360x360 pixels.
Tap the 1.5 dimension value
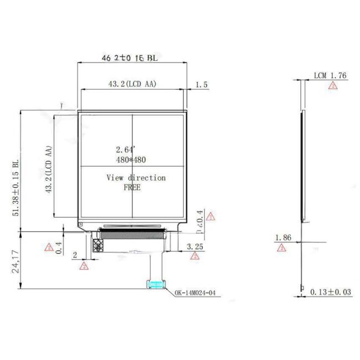202,85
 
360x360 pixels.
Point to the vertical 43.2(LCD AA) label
49,169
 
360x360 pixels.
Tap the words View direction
136,178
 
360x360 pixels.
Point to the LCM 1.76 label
330,75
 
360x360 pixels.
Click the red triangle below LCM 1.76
332,86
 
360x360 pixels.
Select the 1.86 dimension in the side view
283,238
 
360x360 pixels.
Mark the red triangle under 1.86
281,248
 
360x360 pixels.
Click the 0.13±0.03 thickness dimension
331,292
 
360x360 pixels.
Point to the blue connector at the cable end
156,285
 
